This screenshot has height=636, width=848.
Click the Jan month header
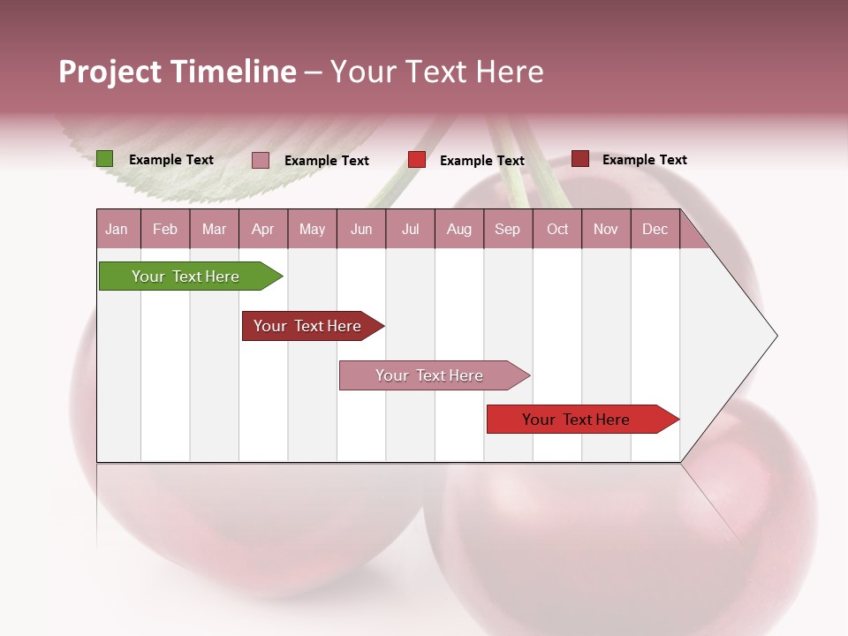click(x=117, y=229)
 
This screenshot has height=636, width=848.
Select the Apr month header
click(x=262, y=229)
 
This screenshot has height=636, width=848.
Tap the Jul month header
click(x=410, y=229)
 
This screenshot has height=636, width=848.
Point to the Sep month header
click(x=507, y=229)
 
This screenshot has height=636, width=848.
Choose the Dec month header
click(x=655, y=229)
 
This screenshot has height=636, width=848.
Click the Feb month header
click(x=165, y=229)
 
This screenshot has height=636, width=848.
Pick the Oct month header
click(x=557, y=229)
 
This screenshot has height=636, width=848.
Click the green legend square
click(x=104, y=159)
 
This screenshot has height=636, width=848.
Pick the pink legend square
click(x=261, y=160)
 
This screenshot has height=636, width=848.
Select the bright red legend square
click(x=417, y=160)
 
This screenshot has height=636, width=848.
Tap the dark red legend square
click(x=579, y=159)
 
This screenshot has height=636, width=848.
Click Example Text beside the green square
click(x=171, y=160)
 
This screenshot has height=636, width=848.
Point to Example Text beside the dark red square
click(x=644, y=160)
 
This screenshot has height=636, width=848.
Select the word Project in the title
click(x=110, y=72)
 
